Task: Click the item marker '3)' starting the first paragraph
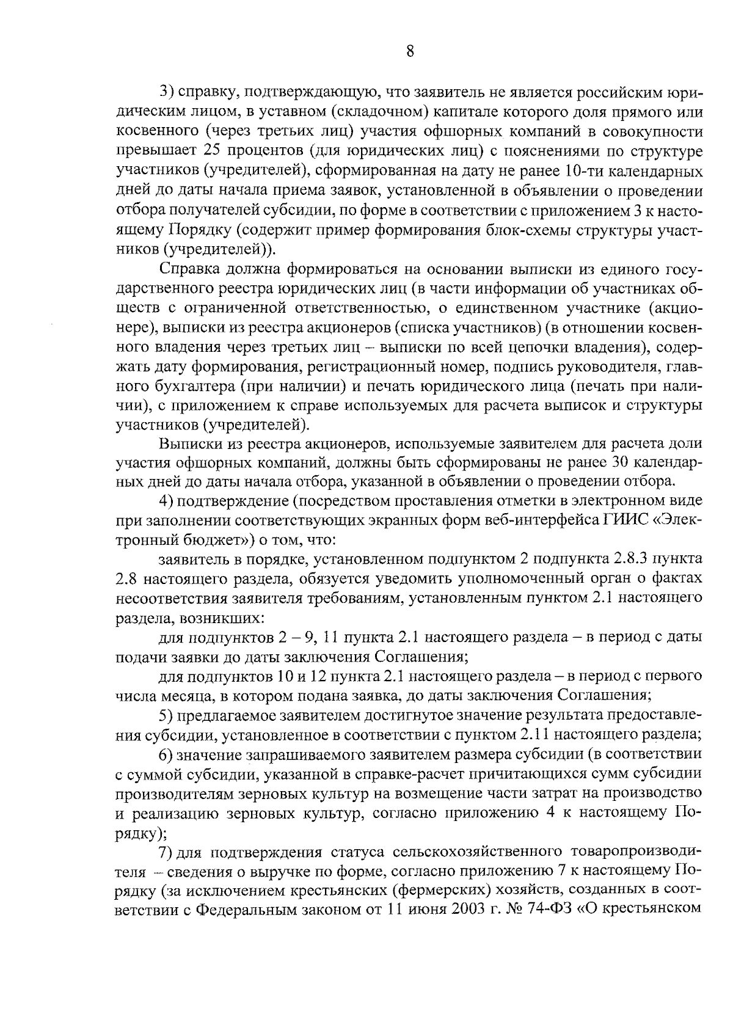pyautogui.click(x=168, y=92)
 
